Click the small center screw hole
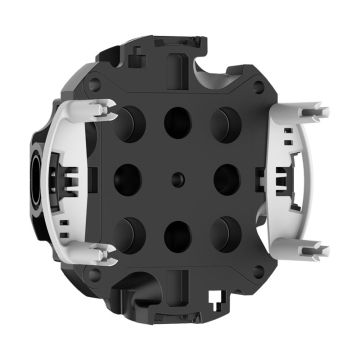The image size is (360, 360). click(x=178, y=179)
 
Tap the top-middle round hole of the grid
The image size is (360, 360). click(x=177, y=121)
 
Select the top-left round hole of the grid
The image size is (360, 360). click(x=130, y=124)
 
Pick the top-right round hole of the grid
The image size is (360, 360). click(x=223, y=123)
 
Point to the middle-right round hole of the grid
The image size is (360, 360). click(x=227, y=178)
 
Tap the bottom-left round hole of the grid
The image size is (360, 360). click(x=131, y=233)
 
